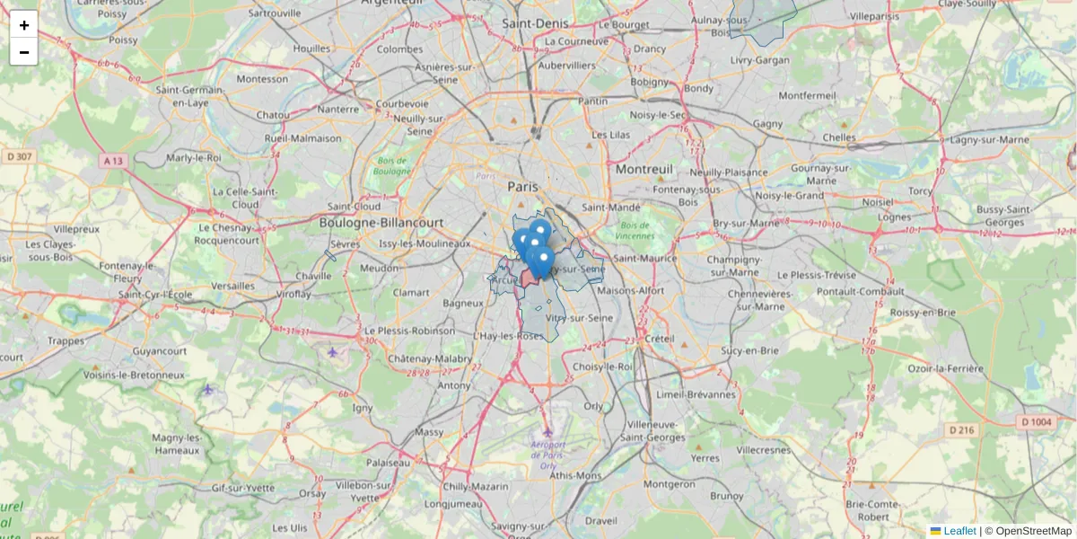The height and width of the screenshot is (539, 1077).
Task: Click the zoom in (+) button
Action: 23,24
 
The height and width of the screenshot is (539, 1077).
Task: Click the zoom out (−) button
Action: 23,52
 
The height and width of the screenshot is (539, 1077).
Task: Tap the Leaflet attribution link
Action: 959,531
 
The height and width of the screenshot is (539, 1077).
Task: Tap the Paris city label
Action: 522,186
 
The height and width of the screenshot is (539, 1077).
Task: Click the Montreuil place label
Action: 644,169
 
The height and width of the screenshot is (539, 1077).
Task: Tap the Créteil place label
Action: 660,339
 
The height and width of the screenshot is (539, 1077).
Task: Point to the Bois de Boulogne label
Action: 391,165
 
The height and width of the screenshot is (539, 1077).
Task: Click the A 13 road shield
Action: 112,160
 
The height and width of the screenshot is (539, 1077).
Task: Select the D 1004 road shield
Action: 1036,421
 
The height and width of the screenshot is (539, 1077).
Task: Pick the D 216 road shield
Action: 962,430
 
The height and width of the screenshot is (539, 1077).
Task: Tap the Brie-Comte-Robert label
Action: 873,510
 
